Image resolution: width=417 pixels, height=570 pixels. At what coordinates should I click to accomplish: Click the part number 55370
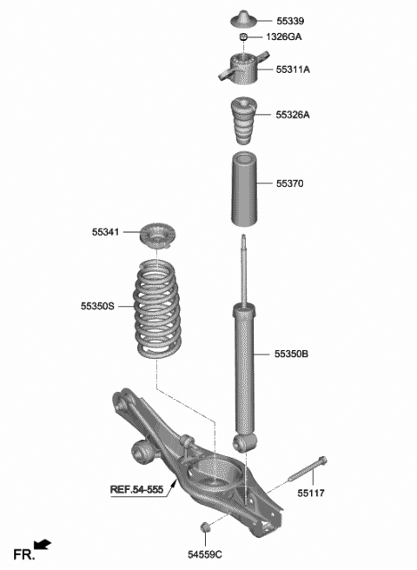(x=291, y=184)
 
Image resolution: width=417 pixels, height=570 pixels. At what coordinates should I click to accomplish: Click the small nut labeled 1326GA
(x=244, y=37)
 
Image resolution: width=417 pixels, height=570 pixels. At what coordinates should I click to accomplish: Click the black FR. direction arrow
(x=43, y=545)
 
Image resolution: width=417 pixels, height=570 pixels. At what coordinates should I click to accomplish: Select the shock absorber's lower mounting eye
(x=244, y=443)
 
